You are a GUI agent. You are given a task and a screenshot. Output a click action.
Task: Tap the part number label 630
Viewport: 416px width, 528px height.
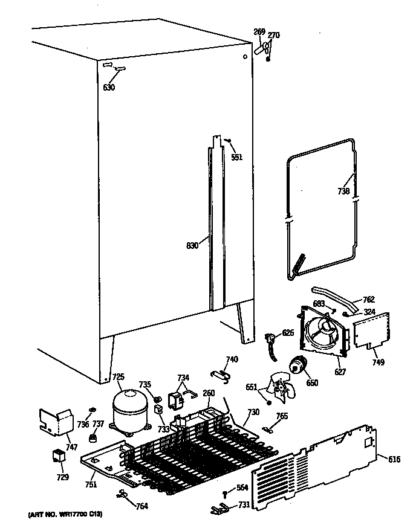click(109, 88)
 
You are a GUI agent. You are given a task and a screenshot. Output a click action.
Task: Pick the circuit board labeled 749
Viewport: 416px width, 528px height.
click(370, 332)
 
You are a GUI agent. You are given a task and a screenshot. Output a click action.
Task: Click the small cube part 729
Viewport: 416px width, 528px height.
click(59, 457)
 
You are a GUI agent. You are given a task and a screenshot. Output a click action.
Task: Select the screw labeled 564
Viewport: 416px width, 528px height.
click(225, 488)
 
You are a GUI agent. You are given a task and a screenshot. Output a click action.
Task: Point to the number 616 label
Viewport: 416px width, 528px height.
click(394, 460)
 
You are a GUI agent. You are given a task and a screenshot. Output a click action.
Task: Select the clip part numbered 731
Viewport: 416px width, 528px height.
click(219, 509)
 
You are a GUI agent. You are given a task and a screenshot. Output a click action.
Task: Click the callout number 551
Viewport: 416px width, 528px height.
click(236, 158)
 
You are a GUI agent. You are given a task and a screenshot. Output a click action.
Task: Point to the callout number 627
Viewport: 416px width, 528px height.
click(340, 372)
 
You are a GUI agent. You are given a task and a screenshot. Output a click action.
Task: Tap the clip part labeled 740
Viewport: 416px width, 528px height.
click(221, 377)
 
